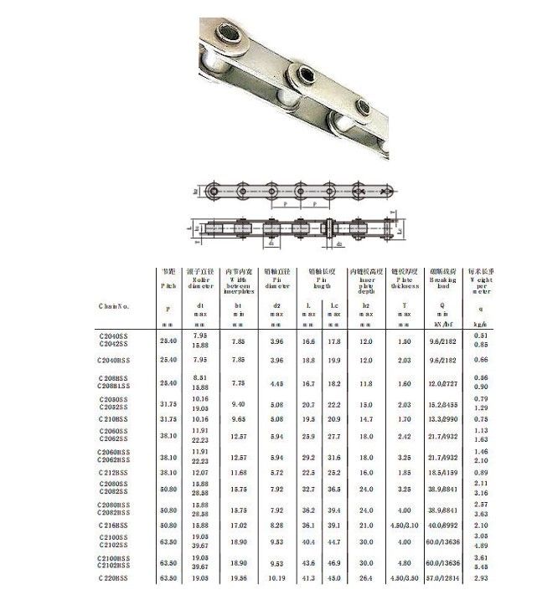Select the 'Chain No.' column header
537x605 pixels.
pyautogui.click(x=113, y=305)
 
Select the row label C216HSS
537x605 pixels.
pyautogui.click(x=114, y=525)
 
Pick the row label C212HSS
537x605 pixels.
pyautogui.click(x=114, y=472)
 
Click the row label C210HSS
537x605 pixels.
pyautogui.click(x=114, y=419)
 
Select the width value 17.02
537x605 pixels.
pyautogui.click(x=238, y=525)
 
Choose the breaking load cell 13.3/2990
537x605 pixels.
pyautogui.click(x=443, y=419)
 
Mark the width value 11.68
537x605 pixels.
pyautogui.click(x=238, y=472)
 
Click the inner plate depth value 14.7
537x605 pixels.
pyautogui.click(x=366, y=419)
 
